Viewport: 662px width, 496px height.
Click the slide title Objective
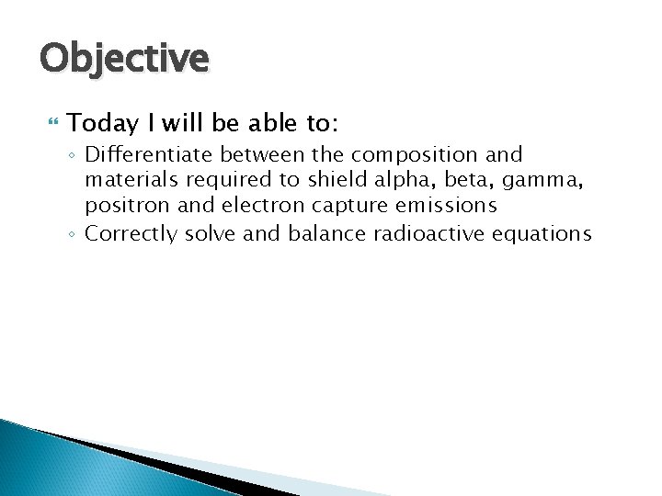[x=124, y=59]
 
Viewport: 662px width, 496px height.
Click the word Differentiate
[x=140, y=154]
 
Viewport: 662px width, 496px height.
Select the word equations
[x=542, y=234]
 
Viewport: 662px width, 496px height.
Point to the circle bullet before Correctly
[x=73, y=234]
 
